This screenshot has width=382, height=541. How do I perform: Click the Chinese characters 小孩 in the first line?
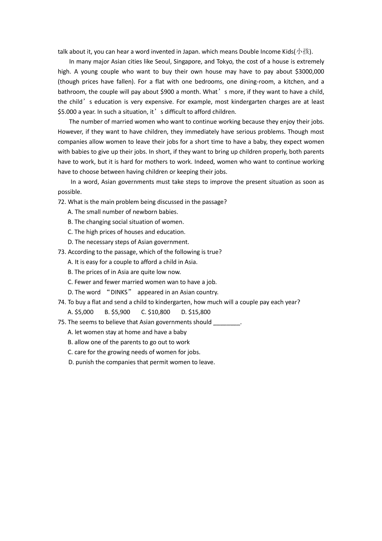[302, 52]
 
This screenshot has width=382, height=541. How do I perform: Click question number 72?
[62, 202]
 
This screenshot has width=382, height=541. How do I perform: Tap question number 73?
[62, 252]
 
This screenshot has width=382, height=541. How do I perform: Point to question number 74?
[62, 302]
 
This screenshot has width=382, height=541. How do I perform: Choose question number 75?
[62, 322]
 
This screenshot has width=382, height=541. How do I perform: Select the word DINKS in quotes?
[119, 292]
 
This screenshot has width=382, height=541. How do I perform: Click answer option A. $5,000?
[81, 312]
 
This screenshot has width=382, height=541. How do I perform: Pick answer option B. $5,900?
[117, 312]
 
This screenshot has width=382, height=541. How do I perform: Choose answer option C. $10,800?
[155, 312]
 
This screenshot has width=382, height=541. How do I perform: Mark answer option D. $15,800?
[196, 312]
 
